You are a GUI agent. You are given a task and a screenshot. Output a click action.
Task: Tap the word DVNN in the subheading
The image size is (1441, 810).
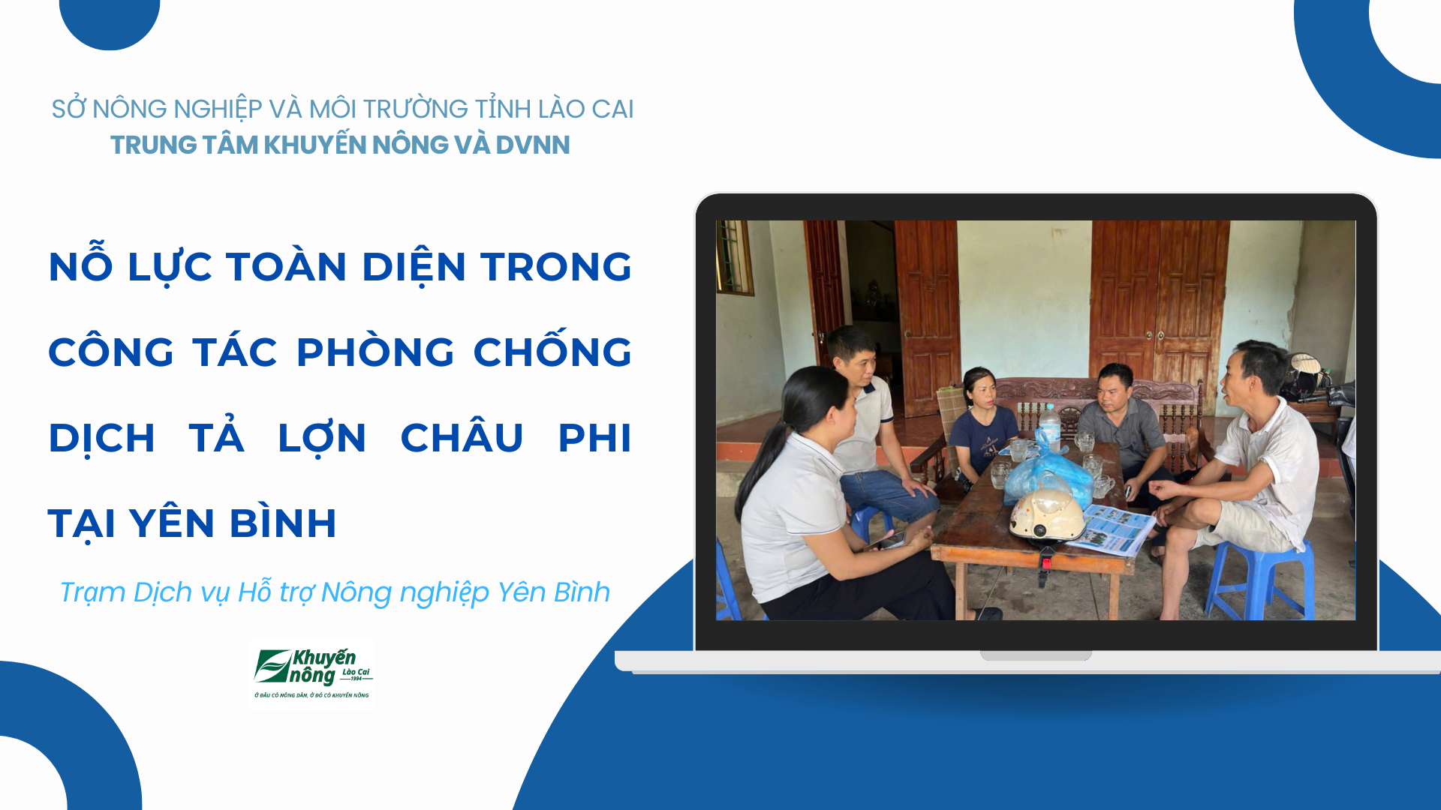click(532, 145)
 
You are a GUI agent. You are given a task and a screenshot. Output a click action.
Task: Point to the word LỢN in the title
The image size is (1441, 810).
click(322, 438)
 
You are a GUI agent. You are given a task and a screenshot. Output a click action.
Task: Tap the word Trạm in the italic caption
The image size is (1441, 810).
click(92, 592)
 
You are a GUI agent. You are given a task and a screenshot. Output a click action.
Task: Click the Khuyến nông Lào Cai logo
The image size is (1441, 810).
click(311, 673)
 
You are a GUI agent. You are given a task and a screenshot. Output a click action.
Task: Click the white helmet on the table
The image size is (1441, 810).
click(1048, 515)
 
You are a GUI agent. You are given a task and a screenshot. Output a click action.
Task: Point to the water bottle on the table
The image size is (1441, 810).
click(1050, 427)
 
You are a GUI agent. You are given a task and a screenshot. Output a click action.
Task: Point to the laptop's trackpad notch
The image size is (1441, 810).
click(1036, 655)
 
